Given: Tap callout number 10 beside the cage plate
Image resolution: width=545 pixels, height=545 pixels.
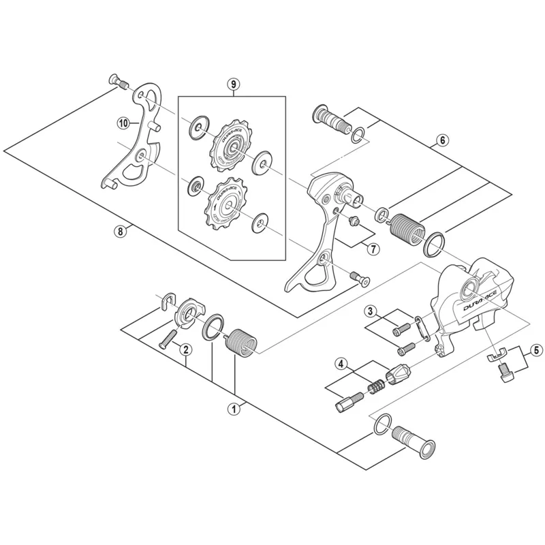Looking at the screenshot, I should [123, 123].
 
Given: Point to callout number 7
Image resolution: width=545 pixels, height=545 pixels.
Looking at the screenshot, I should [373, 249].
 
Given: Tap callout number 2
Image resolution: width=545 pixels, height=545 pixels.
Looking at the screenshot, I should [185, 349].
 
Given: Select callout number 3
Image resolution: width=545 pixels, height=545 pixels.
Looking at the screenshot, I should [371, 312].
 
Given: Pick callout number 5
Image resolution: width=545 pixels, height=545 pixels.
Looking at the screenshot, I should [535, 350].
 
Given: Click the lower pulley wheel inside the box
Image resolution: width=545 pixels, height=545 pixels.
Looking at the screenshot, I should [224, 202].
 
